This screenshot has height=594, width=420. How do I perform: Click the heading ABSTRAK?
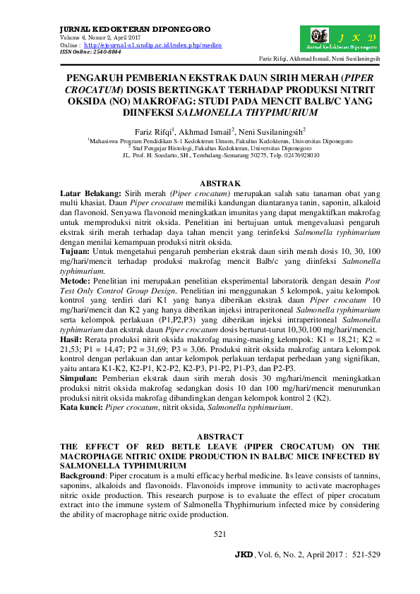[220, 183]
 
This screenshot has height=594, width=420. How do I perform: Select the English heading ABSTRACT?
[220, 437]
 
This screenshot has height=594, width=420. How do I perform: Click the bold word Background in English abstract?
[87, 477]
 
